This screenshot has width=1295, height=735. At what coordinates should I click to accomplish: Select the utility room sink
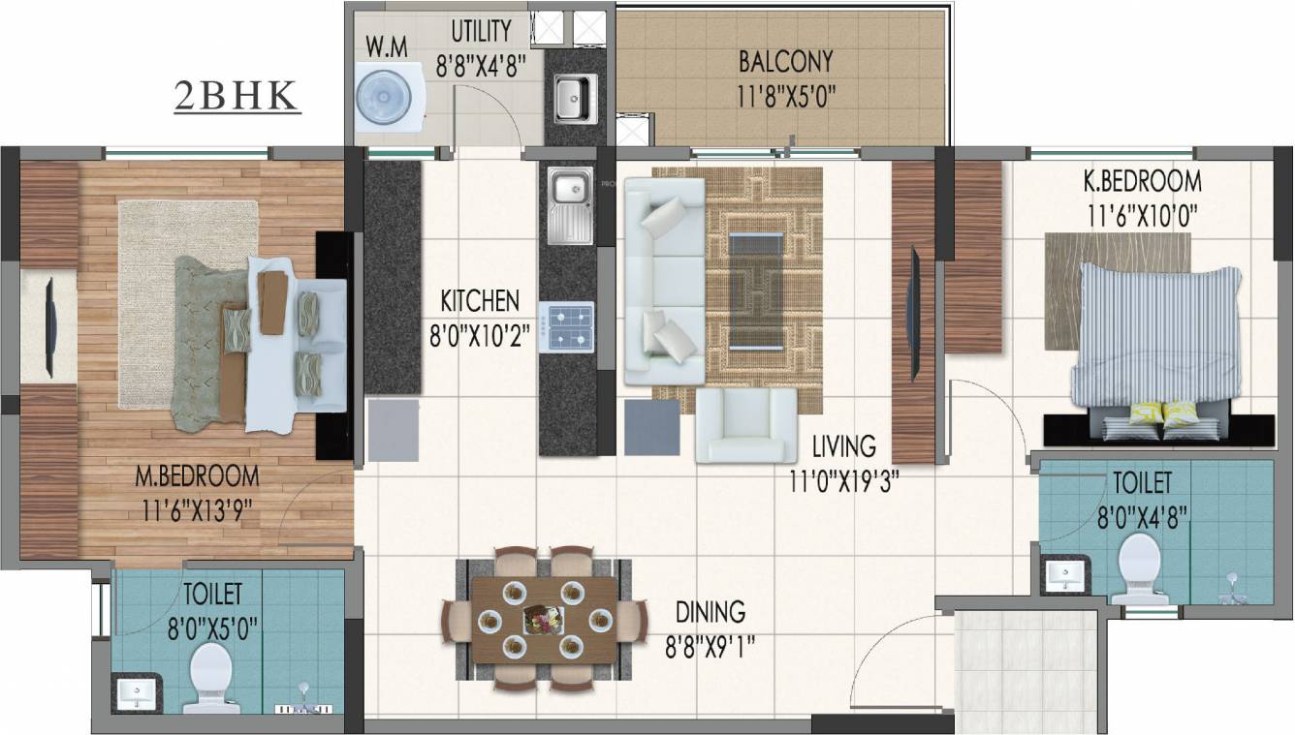[x=571, y=98]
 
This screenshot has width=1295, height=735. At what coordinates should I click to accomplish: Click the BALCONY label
[x=785, y=62]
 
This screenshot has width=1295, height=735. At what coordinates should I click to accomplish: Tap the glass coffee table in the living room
[x=759, y=290]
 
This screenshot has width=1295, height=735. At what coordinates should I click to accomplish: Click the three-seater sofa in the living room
[x=664, y=281]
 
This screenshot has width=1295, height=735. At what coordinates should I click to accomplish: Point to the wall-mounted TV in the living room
[x=913, y=314]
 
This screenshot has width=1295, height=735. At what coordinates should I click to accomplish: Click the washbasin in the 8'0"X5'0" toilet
[x=136, y=692]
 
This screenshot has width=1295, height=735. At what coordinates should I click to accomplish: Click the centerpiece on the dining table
[x=541, y=618]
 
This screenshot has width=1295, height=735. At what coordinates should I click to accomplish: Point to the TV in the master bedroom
[x=49, y=324]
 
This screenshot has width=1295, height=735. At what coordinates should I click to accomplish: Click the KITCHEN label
[x=480, y=299]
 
